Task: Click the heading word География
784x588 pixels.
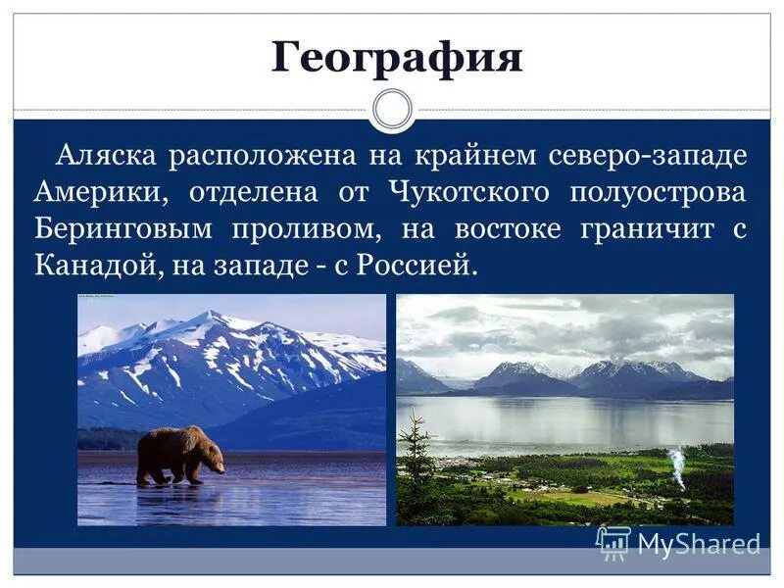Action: point(397,56)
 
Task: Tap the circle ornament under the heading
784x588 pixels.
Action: point(393,109)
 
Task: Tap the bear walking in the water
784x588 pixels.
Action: point(179,455)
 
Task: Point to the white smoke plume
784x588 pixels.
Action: point(677,467)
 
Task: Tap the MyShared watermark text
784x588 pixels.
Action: point(698,544)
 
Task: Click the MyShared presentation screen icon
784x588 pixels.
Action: point(613,542)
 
